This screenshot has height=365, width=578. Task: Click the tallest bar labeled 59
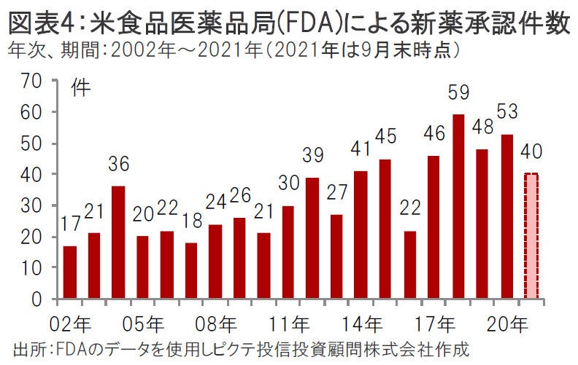click(458, 207)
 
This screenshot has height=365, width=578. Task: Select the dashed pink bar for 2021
click(531, 236)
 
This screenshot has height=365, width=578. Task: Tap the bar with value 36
click(118, 243)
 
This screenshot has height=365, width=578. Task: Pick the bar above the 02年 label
click(70, 272)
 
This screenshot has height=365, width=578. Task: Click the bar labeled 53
click(506, 216)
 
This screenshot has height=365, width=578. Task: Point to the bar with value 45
click(385, 229)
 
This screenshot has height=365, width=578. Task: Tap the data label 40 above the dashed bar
click(531, 153)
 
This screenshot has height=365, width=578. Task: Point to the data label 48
click(482, 127)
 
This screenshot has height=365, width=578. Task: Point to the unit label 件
click(82, 89)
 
